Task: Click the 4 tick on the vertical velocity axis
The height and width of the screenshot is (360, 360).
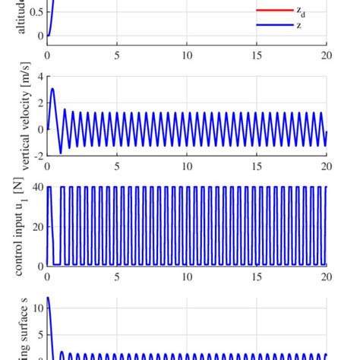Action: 39,77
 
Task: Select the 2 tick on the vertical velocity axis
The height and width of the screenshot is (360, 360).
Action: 39,103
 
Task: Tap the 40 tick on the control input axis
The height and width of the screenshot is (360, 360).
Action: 37,187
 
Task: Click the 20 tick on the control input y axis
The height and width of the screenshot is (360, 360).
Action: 37,226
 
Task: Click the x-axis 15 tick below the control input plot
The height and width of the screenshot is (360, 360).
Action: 257,276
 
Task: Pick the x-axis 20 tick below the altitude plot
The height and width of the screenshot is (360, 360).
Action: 326,55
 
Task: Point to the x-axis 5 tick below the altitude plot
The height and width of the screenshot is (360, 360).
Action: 117,55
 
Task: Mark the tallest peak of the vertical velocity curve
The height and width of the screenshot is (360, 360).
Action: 52,89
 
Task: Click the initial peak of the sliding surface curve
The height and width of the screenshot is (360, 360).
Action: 49,298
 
